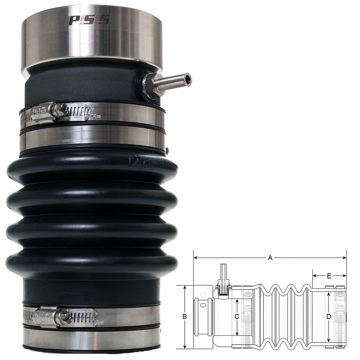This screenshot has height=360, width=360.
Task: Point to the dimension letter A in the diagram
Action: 270,257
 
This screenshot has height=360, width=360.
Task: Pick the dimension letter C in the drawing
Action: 237,317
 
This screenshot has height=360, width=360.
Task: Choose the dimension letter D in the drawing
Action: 328,317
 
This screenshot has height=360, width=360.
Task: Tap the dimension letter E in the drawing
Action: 329,276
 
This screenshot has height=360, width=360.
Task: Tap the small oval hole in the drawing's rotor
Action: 204,305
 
